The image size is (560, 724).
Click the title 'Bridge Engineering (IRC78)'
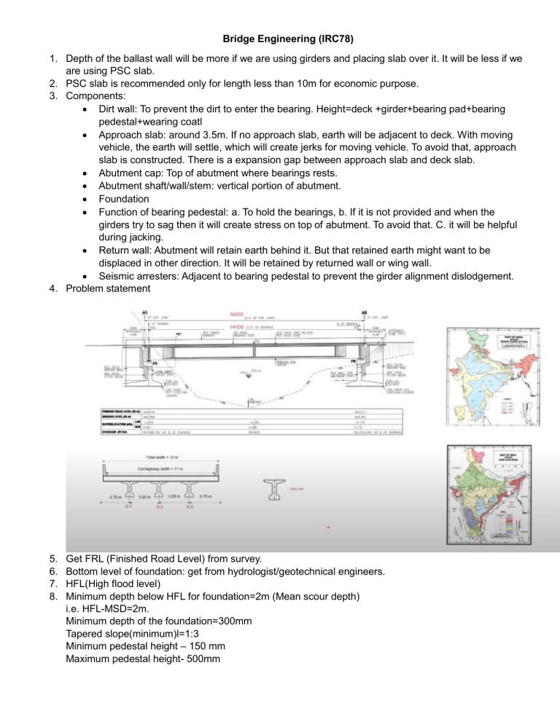(280, 15)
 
